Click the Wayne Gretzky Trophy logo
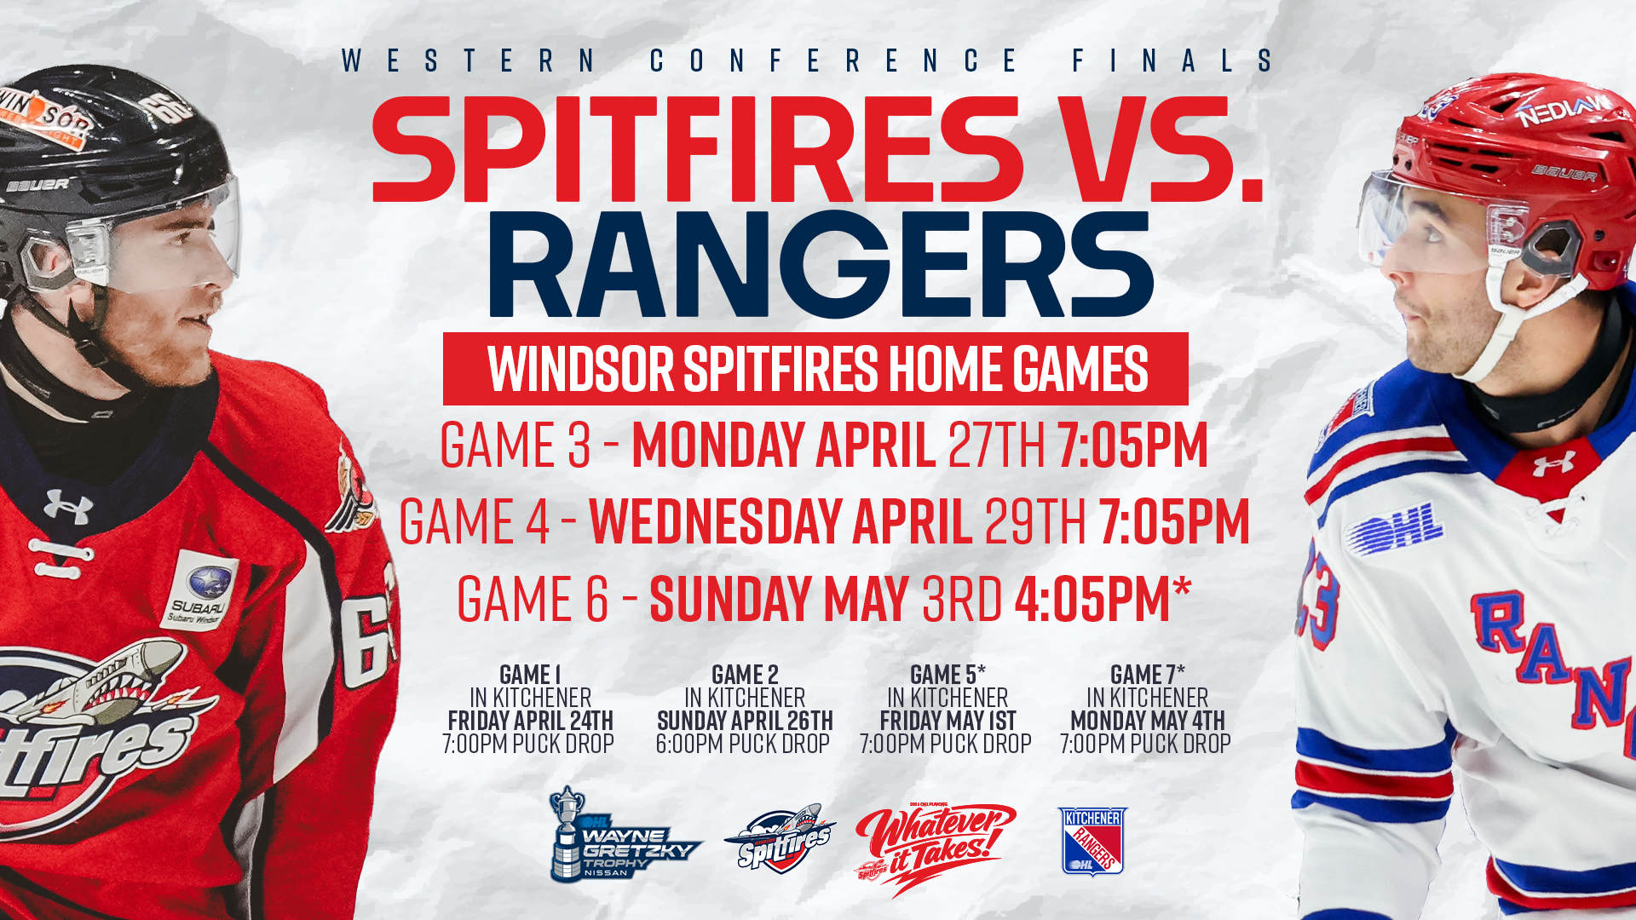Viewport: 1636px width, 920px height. coord(625,834)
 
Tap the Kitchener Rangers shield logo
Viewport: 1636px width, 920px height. coord(1092,842)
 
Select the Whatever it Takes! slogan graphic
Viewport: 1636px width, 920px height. coord(935,847)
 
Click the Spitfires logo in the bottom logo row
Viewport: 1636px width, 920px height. coord(780,839)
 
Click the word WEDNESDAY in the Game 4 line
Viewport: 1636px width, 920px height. coord(716,521)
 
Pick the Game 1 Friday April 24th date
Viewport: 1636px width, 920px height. coord(530,721)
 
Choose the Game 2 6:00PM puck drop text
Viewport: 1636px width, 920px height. coord(742,744)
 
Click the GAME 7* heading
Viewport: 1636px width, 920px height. coord(1147,675)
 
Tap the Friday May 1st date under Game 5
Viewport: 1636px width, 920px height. coord(948,721)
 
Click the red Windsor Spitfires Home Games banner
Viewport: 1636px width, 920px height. coord(815,369)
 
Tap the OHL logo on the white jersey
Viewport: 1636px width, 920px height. coord(1395,528)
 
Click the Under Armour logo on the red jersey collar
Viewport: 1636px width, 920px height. coord(68,507)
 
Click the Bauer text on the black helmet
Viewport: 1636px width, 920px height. coord(38,185)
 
